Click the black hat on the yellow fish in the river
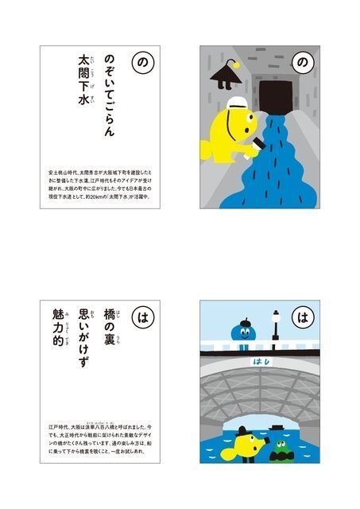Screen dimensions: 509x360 click(x=249, y=436)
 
